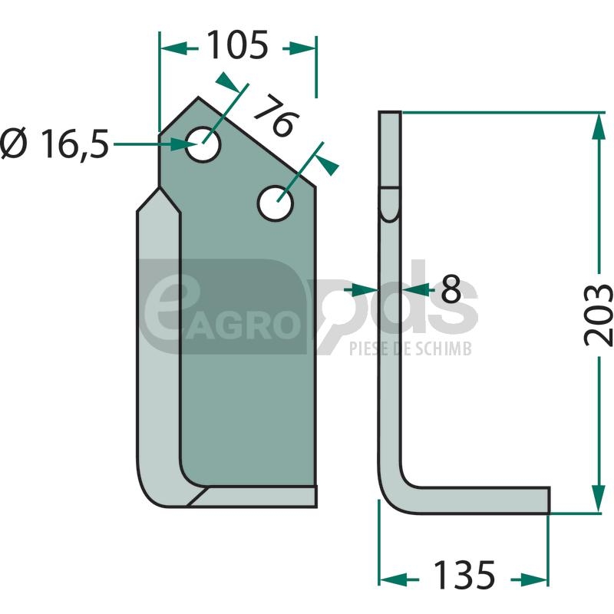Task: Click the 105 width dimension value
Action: coord(237,45)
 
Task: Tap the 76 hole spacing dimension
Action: coord(277,117)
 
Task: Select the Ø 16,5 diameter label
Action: coord(54,144)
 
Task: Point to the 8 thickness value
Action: coord(451,289)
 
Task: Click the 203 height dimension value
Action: coord(598,315)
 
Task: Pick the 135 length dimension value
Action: coord(464,575)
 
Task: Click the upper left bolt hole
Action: coord(203,144)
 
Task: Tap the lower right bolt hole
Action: coord(276,203)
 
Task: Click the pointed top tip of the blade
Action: coord(198,97)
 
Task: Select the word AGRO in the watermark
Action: coord(243,325)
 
